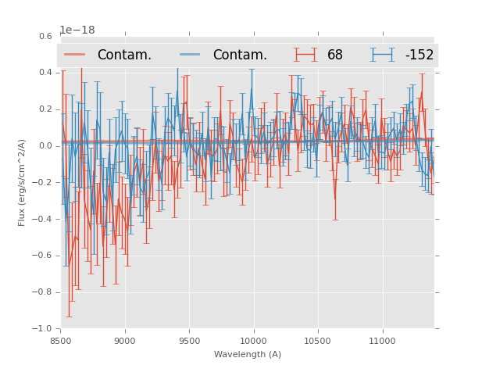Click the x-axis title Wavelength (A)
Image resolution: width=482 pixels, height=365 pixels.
click(248, 354)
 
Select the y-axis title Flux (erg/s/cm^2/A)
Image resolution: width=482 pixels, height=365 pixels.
click(22, 182)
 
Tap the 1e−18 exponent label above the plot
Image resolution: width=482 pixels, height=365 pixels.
click(77, 30)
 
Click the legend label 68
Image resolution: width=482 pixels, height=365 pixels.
click(335, 55)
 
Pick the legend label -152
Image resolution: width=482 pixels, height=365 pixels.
click(420, 55)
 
